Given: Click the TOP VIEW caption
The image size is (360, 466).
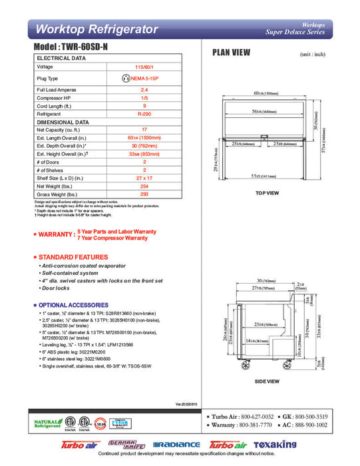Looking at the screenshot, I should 267,193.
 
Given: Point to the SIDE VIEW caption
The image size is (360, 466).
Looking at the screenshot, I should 266,381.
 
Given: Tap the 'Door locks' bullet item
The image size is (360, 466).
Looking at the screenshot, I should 57,289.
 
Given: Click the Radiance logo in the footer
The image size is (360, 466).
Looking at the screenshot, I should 176,445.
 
